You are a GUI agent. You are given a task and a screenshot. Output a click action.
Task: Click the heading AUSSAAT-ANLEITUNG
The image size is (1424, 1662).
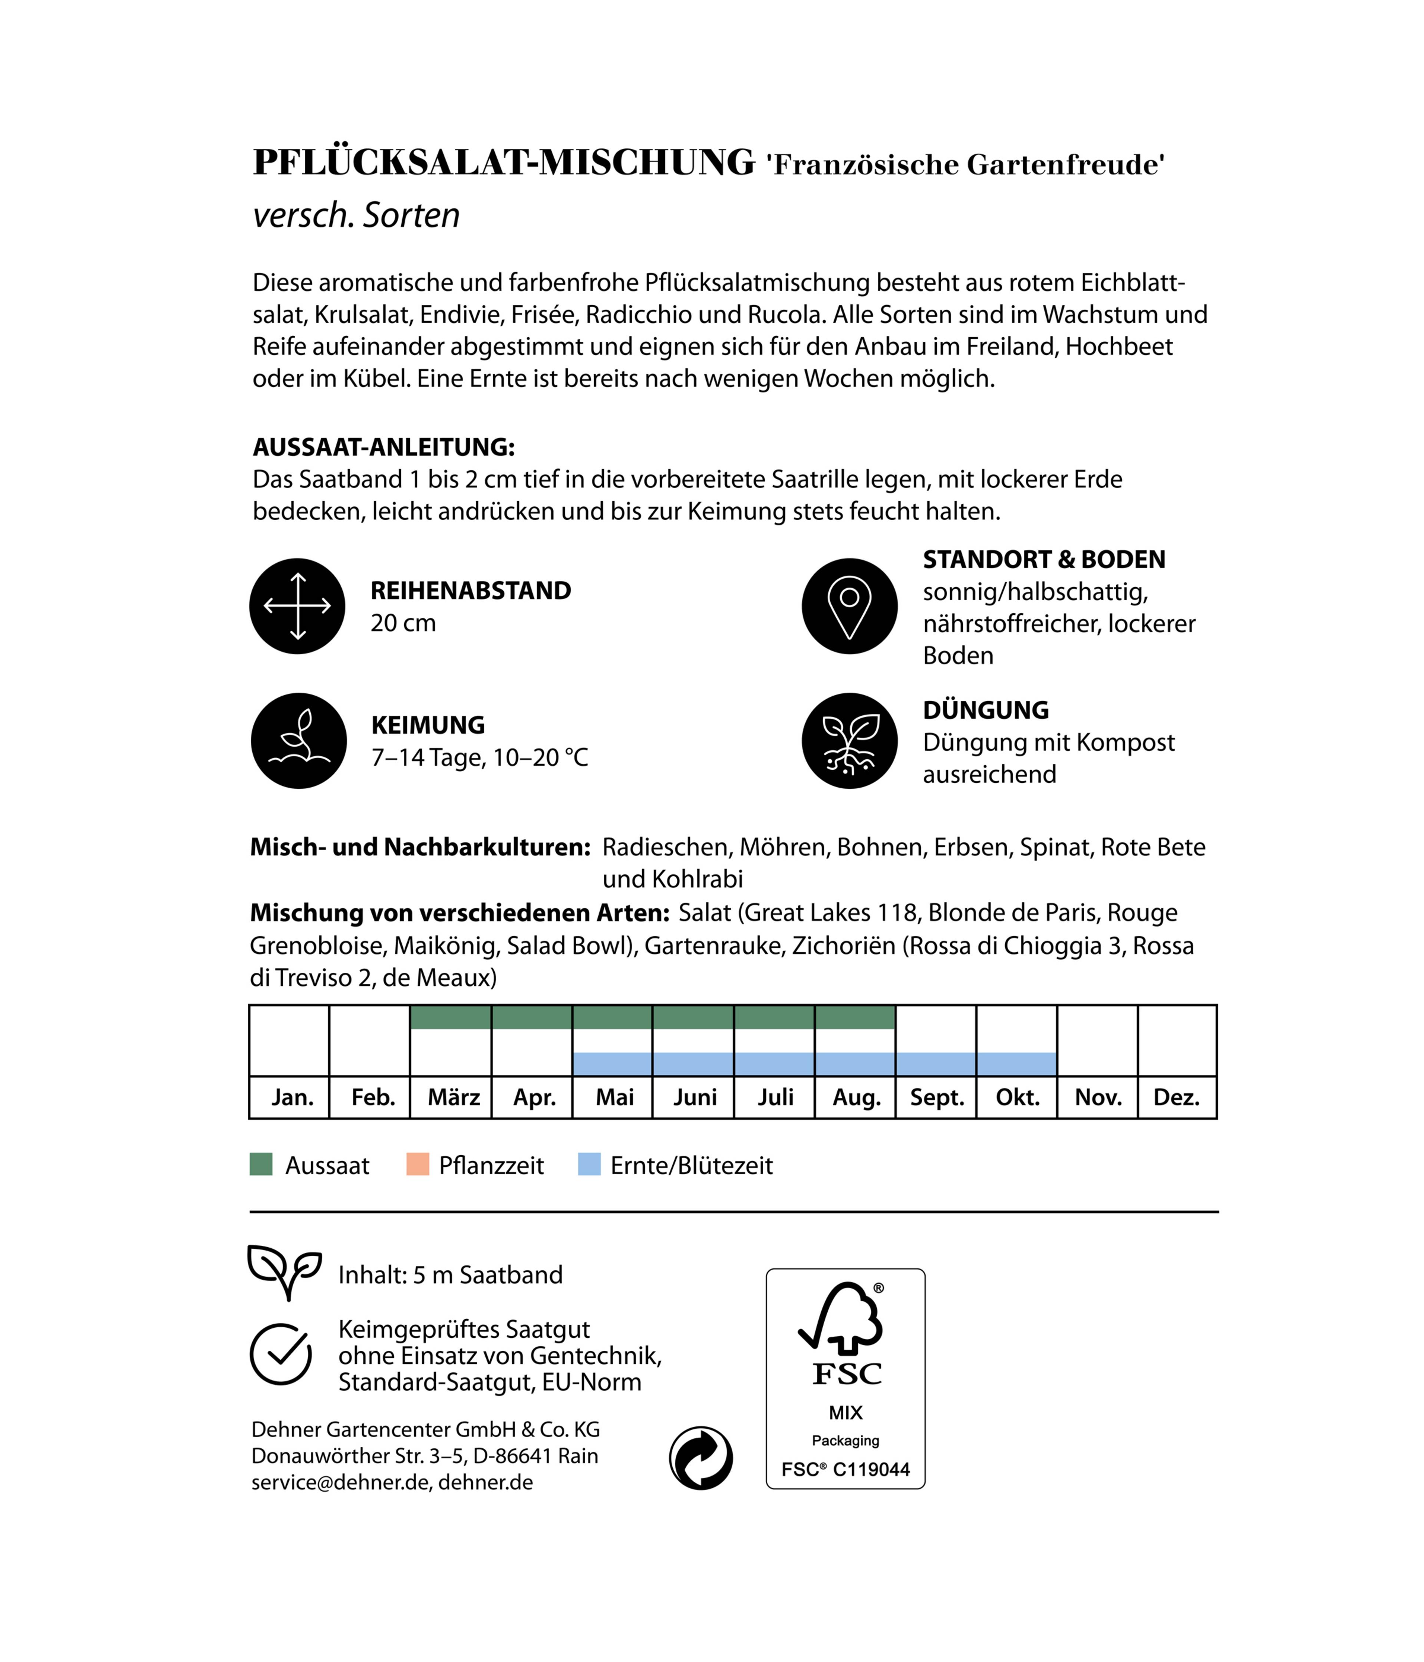383,447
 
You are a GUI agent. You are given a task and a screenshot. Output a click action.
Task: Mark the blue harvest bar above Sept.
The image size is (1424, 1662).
936,1064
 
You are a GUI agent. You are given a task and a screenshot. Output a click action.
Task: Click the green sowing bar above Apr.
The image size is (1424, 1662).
532,1017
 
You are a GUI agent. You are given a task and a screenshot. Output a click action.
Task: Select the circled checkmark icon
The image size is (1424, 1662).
281,1354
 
